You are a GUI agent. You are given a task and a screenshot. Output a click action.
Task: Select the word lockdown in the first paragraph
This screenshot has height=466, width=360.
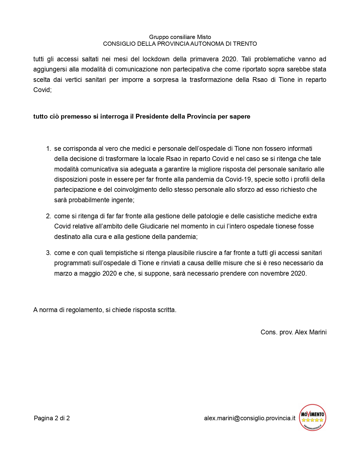[156, 59]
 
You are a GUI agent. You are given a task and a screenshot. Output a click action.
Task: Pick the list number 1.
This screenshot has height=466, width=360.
[48, 149]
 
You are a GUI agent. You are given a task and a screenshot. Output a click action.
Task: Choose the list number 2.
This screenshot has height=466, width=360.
[48, 216]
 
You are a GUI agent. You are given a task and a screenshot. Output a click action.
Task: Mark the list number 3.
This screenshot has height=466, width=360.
[48, 253]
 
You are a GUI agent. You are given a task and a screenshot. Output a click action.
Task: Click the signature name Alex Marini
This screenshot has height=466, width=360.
[311, 332]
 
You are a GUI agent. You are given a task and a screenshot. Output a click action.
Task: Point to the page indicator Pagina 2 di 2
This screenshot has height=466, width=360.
[52, 418]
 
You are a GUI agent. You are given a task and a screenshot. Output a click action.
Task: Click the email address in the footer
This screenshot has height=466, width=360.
[250, 418]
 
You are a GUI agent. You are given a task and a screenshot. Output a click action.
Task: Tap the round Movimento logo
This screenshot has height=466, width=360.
[313, 417]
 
